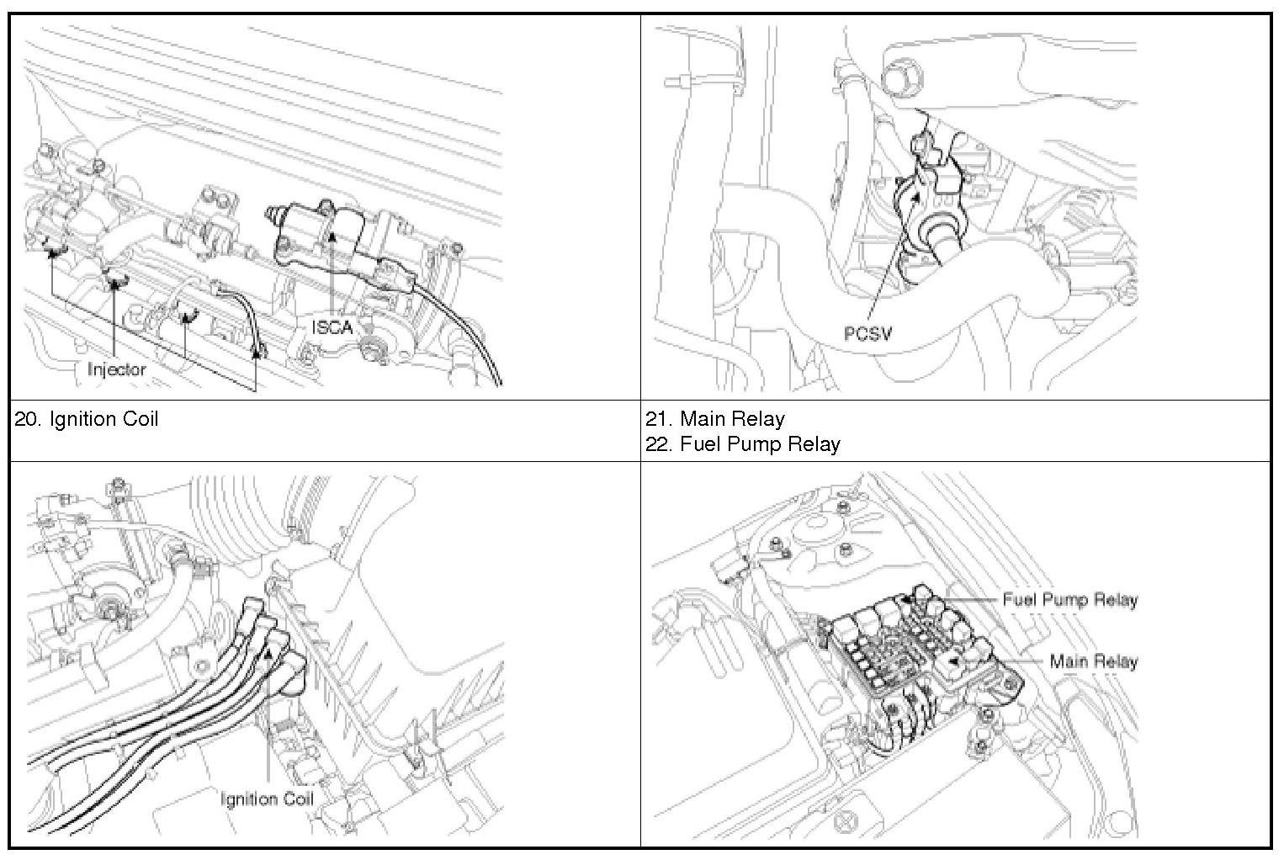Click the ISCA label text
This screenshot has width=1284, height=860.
[x=332, y=327]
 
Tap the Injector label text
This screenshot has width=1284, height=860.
[x=117, y=369]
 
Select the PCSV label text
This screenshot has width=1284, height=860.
[x=867, y=333]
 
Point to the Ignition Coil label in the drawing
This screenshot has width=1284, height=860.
[x=267, y=799]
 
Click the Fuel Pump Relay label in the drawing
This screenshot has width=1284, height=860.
[x=1070, y=600]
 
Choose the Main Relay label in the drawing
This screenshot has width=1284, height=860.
[x=1094, y=661]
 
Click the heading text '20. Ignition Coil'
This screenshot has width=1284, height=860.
[x=86, y=418]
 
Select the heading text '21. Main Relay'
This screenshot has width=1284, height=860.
[x=715, y=418]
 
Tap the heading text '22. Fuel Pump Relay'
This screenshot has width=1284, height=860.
[x=743, y=443]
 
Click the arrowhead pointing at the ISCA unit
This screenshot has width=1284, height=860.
[x=332, y=236]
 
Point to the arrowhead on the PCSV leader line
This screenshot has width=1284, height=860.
[x=916, y=196]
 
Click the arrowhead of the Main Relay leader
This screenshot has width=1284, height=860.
[x=952, y=661]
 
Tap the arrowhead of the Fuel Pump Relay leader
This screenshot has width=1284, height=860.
[x=906, y=599]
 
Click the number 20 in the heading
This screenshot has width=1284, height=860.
[x=24, y=419]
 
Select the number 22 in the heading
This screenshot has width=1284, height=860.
[x=656, y=444]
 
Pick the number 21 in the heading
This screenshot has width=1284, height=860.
[x=655, y=419]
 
